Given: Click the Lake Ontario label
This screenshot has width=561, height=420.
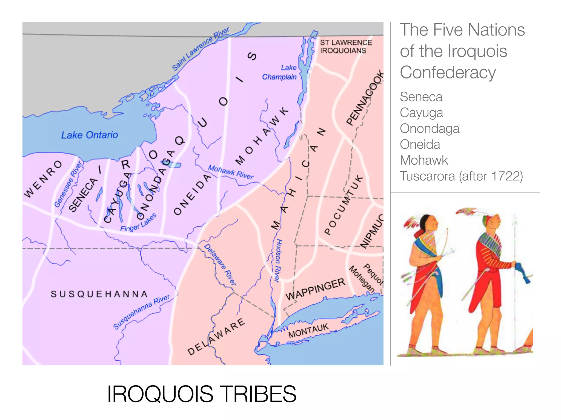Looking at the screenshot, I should click(x=90, y=135).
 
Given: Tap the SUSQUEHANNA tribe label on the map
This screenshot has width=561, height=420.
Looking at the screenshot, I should click(x=99, y=294).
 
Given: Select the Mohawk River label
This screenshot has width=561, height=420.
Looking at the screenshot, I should click(x=231, y=172).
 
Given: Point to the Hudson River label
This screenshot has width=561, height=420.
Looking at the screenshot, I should click(x=278, y=261).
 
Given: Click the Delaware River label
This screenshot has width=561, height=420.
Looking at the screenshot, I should click(x=220, y=264).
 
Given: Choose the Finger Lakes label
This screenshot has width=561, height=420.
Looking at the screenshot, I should click(x=138, y=223).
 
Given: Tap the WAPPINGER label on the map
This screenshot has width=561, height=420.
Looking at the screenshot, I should click(x=315, y=289).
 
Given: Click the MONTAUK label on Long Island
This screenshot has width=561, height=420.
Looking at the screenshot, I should click(x=308, y=331).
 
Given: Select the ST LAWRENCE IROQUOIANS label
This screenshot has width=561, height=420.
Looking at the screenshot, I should click(x=346, y=46).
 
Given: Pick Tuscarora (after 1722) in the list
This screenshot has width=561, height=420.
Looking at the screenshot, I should click(x=461, y=176).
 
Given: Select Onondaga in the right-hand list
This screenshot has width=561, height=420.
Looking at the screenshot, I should click(x=429, y=129).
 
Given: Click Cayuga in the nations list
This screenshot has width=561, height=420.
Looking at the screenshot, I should click(x=421, y=113).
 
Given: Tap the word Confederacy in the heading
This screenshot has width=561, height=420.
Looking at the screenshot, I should click(x=448, y=72).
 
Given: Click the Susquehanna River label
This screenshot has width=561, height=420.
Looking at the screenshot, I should click(x=141, y=312).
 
